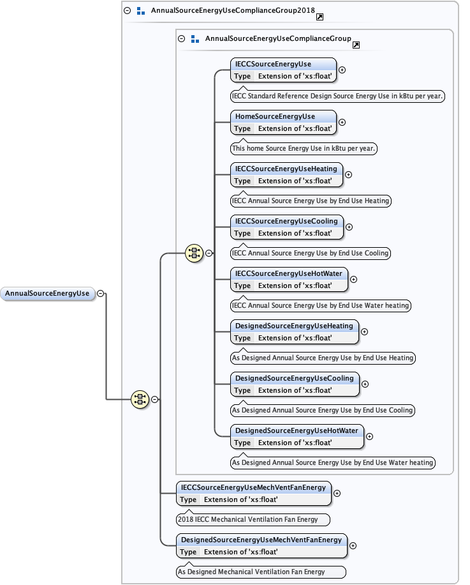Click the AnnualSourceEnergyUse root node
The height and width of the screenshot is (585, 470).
click(48, 294)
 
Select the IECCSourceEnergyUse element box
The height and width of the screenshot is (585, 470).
click(283, 70)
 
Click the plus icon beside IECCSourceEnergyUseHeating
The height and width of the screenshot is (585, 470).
click(348, 174)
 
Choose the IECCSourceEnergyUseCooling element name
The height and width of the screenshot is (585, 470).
click(287, 221)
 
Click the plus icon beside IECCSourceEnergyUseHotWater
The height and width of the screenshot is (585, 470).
click(354, 279)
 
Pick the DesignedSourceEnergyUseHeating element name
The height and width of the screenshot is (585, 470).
click(293, 326)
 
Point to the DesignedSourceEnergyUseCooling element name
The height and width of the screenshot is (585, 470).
click(293, 378)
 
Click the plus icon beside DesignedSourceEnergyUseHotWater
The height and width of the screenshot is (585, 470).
click(369, 436)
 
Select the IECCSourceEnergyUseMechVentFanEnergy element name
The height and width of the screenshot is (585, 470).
click(254, 487)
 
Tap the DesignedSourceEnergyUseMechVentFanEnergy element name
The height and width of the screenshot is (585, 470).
click(261, 540)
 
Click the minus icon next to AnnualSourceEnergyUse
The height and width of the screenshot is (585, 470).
click(101, 294)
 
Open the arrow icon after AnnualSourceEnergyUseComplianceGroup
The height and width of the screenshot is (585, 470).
click(356, 45)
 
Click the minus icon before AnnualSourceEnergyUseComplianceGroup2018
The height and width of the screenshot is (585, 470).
click(127, 11)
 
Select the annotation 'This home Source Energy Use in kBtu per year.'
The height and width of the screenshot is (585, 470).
click(304, 148)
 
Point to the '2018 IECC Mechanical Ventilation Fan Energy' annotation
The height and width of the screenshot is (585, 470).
click(253, 519)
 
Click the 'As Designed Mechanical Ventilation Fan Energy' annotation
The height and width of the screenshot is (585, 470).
click(261, 572)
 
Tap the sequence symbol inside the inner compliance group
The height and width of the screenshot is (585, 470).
click(194, 253)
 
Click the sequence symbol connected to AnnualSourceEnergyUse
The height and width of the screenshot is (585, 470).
click(140, 400)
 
